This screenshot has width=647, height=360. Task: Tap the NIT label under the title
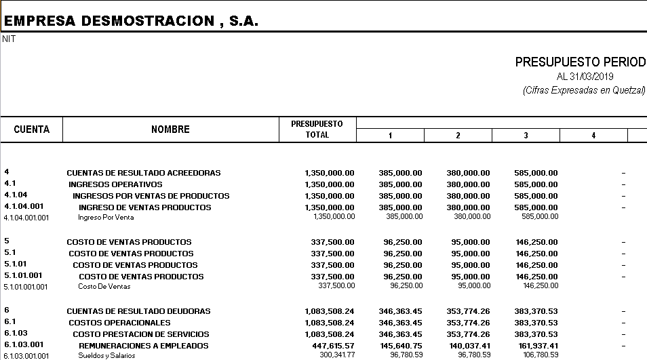[9, 39]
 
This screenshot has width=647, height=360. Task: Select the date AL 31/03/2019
[585, 77]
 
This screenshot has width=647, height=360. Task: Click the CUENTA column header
[32, 129]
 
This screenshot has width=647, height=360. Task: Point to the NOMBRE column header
[170, 129]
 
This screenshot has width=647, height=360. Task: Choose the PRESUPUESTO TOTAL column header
[317, 129]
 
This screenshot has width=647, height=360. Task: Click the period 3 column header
[526, 136]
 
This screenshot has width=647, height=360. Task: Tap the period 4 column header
[593, 136]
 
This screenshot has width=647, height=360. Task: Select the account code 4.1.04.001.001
[26, 218]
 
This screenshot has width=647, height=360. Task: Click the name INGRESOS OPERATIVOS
[115, 184]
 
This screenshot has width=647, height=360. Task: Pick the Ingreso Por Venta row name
[106, 218]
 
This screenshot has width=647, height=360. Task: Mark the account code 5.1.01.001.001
[26, 287]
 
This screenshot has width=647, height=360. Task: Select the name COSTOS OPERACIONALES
[119, 323]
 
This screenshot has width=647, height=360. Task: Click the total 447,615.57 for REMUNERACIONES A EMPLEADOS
[330, 346]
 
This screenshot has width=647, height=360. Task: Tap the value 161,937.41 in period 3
[536, 346]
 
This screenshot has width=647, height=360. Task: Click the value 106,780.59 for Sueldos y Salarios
[536, 355]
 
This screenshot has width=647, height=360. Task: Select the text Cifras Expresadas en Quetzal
[584, 91]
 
